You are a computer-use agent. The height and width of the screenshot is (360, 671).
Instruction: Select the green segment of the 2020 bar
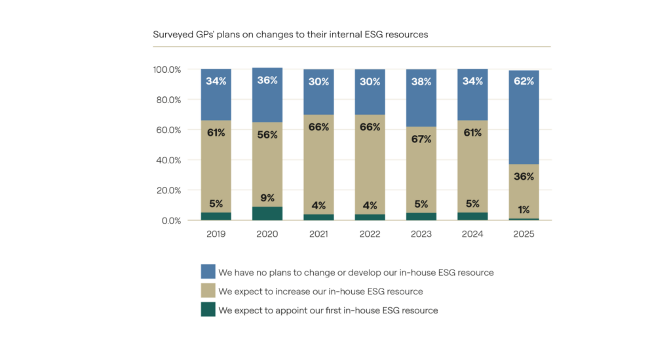click(267, 213)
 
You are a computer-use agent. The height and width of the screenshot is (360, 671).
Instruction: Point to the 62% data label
click(524, 81)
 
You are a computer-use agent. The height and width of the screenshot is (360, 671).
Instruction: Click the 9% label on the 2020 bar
click(267, 198)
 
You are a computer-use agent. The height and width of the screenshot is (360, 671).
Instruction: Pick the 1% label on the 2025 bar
click(524, 210)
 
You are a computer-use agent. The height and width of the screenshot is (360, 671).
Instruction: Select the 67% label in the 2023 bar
click(421, 139)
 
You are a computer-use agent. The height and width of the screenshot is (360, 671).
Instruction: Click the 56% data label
click(267, 135)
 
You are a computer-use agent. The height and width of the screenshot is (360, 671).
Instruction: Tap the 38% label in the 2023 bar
click(421, 82)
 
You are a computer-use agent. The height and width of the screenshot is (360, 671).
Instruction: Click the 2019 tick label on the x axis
click(216, 233)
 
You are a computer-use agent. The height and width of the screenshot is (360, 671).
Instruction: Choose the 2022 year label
click(370, 233)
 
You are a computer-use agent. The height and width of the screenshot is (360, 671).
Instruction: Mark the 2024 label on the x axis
click(472, 233)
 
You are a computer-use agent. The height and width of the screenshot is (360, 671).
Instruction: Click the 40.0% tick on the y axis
click(169, 160)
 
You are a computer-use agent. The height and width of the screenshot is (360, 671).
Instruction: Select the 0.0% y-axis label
click(171, 221)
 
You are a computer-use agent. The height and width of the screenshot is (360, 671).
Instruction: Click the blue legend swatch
click(208, 271)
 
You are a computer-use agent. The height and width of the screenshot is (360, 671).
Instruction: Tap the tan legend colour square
click(208, 290)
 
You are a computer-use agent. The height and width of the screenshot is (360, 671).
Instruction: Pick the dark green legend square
click(208, 310)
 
